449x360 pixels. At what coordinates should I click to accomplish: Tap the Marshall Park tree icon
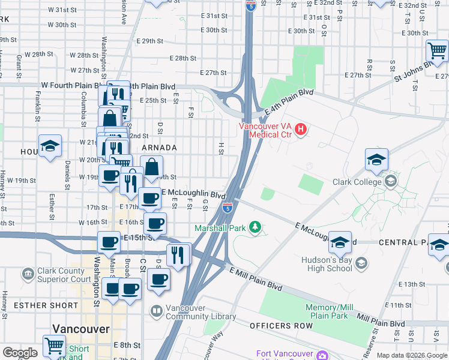tap(256, 227)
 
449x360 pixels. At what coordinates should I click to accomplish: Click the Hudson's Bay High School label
tap(323, 263)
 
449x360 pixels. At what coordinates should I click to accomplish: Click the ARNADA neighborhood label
tap(159, 148)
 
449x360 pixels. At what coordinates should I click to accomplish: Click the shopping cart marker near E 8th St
tap(54, 346)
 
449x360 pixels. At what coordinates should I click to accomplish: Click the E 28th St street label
tap(183, 58)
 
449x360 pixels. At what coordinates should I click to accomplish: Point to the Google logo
tap(20, 353)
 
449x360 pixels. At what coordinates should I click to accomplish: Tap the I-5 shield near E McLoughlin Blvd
tap(228, 208)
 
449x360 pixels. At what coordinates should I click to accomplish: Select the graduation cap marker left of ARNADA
tap(50, 146)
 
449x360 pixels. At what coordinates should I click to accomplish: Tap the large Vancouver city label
tap(81, 329)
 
